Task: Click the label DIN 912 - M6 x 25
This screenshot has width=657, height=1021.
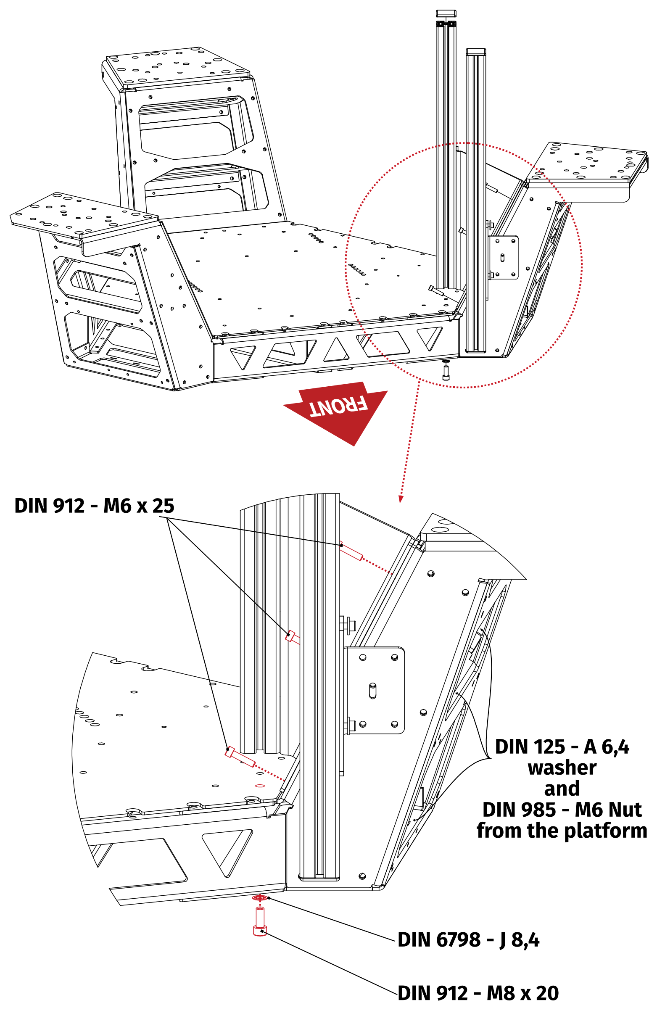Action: pos(94,506)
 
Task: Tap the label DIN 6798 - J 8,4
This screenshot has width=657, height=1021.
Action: pos(468,939)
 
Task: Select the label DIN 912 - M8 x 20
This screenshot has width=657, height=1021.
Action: pos(478,993)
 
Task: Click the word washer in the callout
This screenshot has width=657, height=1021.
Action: pos(562,768)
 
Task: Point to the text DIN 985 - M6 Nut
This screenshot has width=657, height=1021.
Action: pos(562,810)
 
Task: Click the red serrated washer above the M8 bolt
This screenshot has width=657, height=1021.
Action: pos(259,898)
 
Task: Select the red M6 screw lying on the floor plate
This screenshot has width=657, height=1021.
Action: pos(240,757)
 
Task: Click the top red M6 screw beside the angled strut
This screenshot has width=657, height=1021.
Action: pos(351,552)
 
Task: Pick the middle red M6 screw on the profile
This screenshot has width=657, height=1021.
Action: pos(292,637)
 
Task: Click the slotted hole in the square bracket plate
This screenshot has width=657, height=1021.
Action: pos(372,691)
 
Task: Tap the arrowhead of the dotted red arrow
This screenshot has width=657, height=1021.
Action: pos(400,499)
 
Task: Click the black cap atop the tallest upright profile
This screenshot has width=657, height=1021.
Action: pos(446,14)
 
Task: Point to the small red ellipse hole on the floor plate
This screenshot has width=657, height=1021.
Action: pos(260,786)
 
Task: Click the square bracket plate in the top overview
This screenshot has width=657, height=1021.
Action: pos(504,258)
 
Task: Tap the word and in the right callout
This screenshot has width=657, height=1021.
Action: pos(562,789)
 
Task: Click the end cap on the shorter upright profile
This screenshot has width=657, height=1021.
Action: pos(476,52)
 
